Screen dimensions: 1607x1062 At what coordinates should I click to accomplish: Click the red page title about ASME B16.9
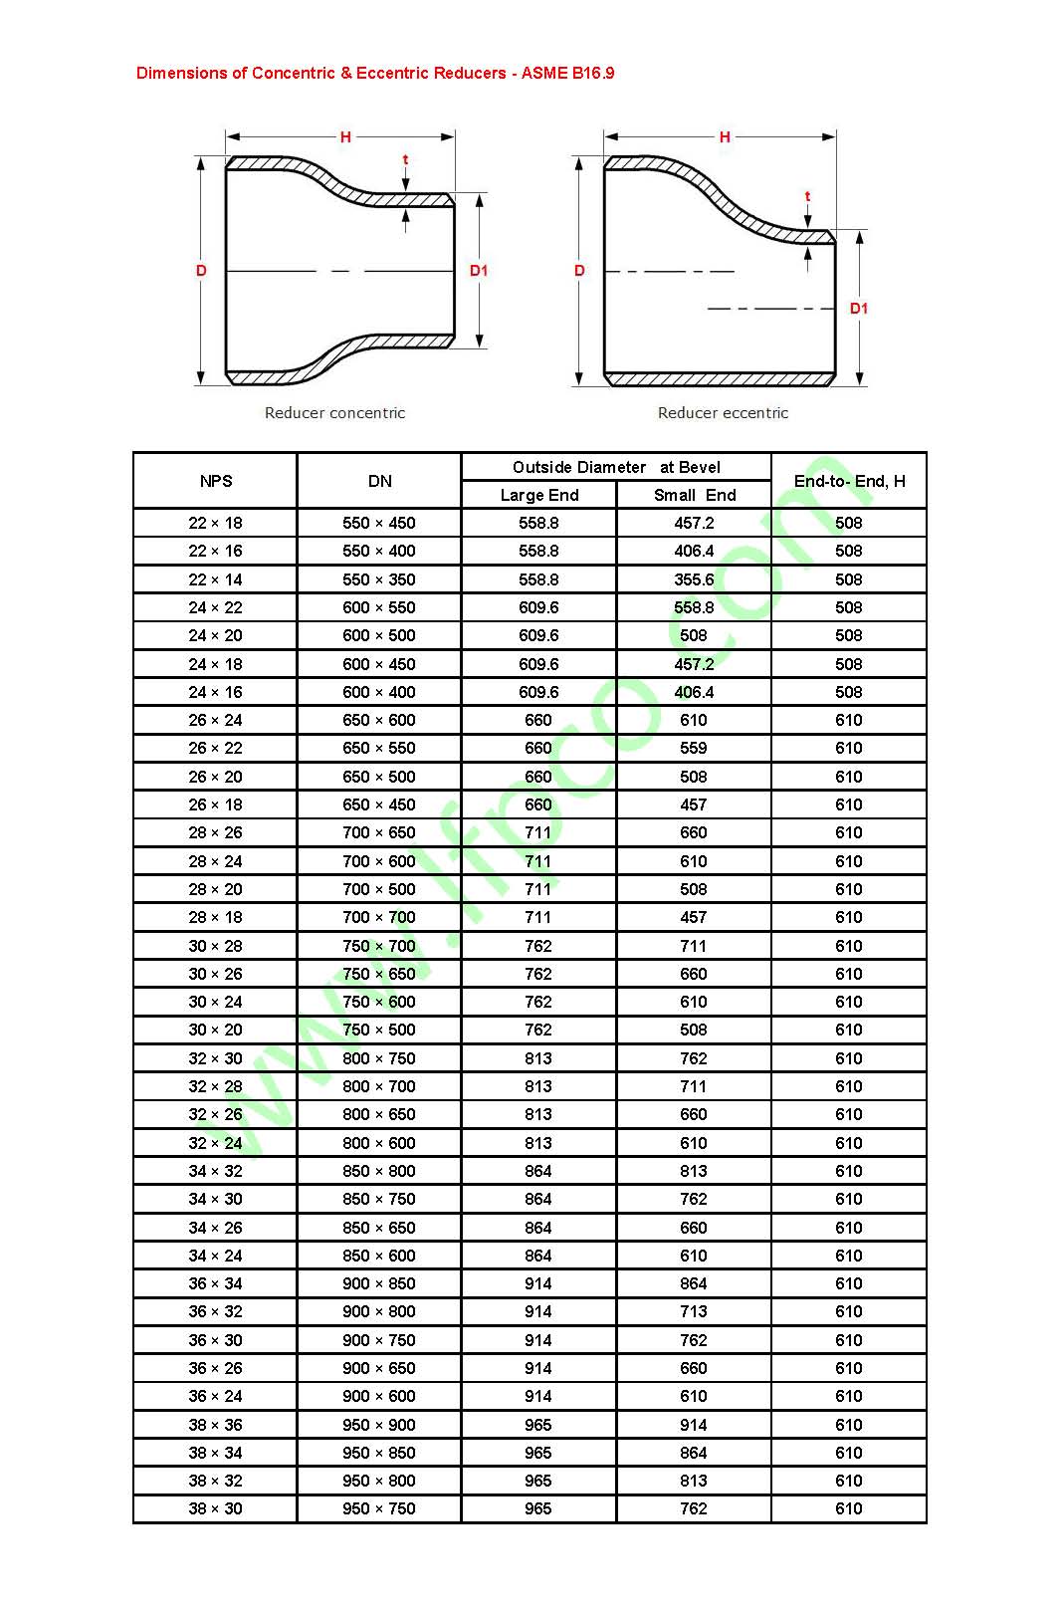pos(375,73)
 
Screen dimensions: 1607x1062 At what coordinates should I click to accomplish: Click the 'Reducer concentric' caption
pos(334,412)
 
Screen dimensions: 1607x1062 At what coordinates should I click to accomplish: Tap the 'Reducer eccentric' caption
pos(723,412)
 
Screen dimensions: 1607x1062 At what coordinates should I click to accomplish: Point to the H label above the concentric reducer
pos(345,137)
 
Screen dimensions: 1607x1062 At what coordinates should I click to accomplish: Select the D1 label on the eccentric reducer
pos(859,309)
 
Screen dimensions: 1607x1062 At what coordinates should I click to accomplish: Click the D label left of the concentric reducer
pos(201,271)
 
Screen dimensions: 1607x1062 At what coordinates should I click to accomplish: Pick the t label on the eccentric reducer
pos(807,196)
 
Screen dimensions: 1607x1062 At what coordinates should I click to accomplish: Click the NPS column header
pos(216,481)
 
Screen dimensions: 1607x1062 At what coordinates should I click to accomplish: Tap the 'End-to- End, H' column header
pos(849,481)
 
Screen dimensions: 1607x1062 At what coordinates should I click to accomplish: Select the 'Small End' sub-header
pos(695,495)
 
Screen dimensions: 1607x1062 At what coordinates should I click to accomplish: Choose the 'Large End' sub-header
pos(538,495)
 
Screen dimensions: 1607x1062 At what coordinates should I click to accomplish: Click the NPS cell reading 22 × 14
pos(216,579)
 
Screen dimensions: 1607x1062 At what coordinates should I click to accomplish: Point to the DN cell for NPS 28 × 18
pos(379,917)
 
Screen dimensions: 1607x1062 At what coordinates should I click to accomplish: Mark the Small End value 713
pos(694,1311)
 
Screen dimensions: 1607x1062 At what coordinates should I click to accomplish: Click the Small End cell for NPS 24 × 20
pos(694,635)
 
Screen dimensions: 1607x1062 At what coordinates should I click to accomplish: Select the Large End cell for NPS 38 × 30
pos(538,1508)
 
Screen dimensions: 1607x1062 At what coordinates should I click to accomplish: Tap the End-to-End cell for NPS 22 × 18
pos(849,523)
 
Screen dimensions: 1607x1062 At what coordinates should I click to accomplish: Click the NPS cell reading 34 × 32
pos(216,1171)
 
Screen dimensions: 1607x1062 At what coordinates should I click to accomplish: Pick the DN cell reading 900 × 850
pos(379,1283)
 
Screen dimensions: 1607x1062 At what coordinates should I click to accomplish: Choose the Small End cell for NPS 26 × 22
pos(694,748)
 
